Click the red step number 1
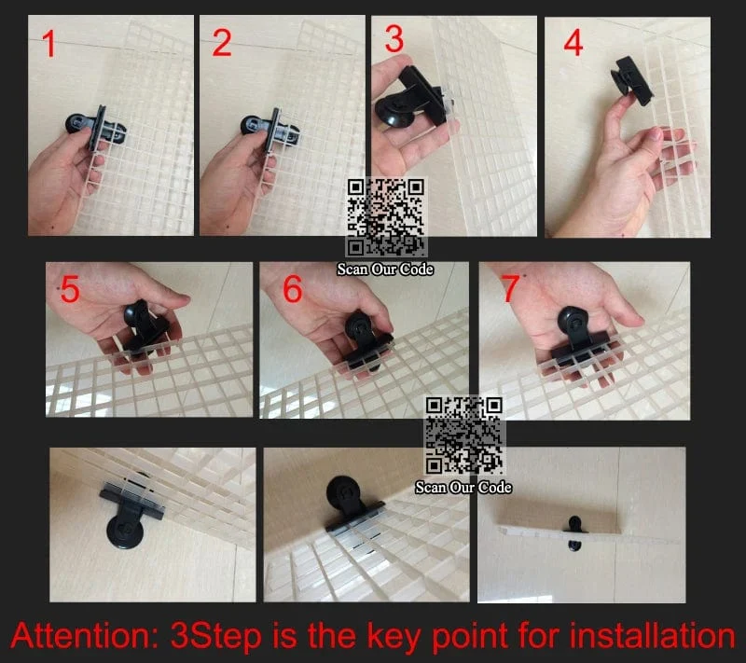(x=48, y=44)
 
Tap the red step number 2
(x=222, y=43)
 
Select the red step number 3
(x=394, y=38)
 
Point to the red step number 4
(x=573, y=42)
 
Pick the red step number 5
(x=71, y=289)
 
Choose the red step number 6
(x=293, y=289)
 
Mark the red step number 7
(x=510, y=288)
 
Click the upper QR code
(x=386, y=217)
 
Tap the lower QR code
(x=463, y=435)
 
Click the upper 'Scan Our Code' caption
(x=385, y=269)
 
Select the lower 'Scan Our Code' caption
(x=463, y=488)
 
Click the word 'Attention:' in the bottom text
(x=84, y=635)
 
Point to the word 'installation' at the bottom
(x=652, y=635)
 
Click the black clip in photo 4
(x=632, y=80)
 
